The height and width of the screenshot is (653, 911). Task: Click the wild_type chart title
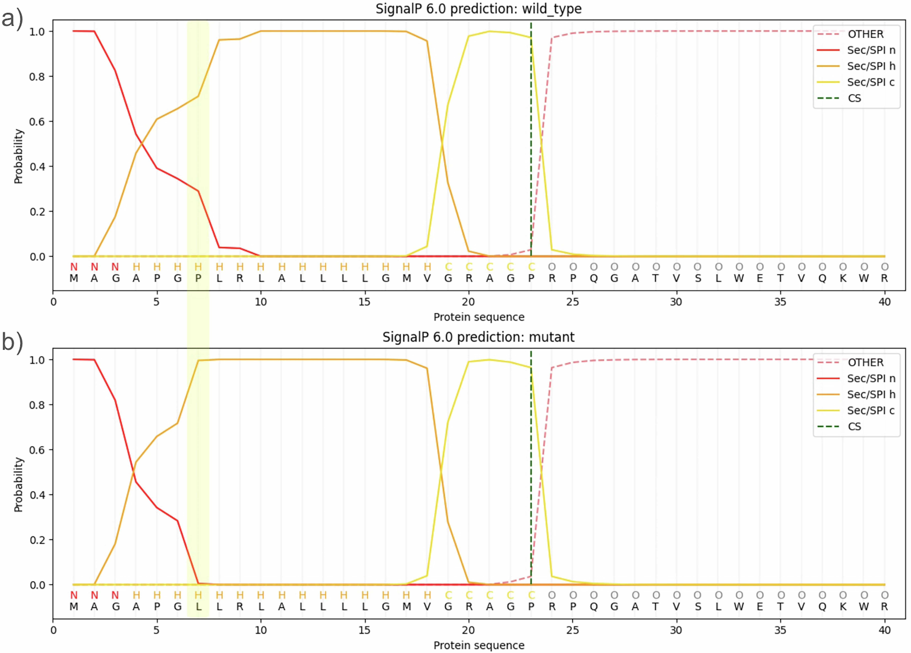coord(478,9)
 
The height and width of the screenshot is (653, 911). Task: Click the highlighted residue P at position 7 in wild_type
coord(198,278)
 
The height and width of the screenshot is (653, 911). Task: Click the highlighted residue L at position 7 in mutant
coord(198,606)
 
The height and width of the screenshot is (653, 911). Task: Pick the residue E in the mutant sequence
coord(760,606)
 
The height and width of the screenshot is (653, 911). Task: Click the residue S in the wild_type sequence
coord(698,278)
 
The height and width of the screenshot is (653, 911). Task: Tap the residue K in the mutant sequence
coord(843,606)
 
